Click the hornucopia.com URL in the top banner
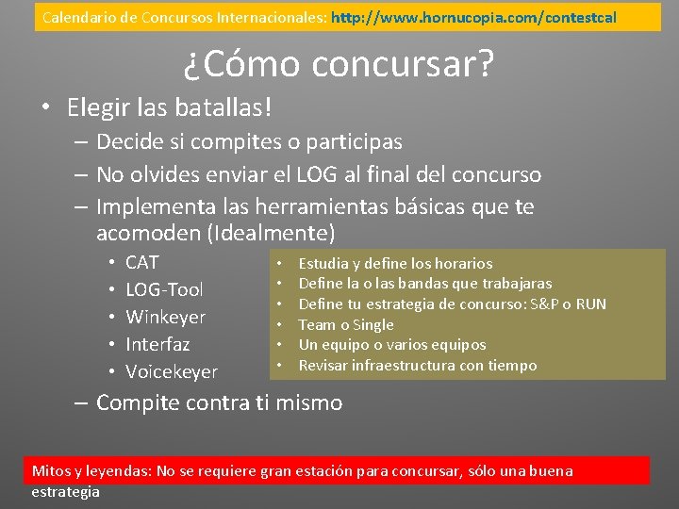[473, 17]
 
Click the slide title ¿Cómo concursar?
[339, 64]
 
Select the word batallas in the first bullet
[221, 107]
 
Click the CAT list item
[142, 262]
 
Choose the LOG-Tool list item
[164, 289]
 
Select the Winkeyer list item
[165, 317]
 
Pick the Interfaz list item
[157, 344]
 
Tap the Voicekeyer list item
[172, 371]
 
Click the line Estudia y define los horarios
[395, 264]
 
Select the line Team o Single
[346, 324]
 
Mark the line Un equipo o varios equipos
[392, 345]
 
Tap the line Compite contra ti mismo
[219, 402]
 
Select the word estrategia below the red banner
[65, 491]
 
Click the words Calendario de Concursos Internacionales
[184, 17]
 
